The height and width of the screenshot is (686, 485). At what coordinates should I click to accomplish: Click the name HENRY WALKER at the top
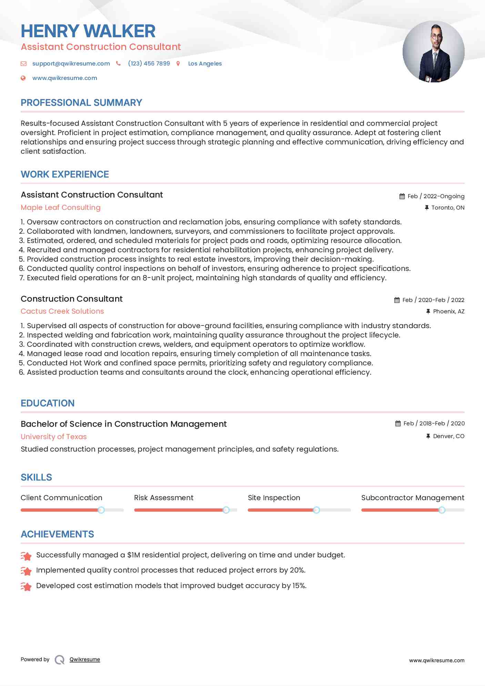point(88,31)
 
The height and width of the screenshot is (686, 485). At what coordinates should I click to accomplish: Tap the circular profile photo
point(433,52)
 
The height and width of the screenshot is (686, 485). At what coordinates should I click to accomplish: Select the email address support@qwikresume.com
point(71,63)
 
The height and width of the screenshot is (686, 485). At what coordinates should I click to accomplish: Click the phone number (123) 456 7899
point(149,63)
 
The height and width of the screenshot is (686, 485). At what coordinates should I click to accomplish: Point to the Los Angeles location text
point(205,63)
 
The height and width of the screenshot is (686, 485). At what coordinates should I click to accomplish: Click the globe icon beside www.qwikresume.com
point(23,78)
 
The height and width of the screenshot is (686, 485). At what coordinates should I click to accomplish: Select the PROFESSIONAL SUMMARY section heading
point(81,103)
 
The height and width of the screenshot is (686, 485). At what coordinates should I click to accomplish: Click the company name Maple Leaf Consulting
point(61,208)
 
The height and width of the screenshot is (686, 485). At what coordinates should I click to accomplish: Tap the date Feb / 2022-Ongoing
point(436,196)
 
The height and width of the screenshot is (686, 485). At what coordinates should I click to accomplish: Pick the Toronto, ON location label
point(448,208)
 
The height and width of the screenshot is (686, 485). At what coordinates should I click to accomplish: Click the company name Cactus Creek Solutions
point(62,311)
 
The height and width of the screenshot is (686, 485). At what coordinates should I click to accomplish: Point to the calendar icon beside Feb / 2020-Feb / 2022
point(397,300)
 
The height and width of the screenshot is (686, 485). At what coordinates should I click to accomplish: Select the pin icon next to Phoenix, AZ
point(428,311)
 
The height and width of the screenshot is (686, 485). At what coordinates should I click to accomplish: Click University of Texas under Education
point(54,437)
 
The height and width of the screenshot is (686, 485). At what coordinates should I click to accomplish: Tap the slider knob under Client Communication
point(101,510)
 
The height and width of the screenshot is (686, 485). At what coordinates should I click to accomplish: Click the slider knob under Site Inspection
point(316,510)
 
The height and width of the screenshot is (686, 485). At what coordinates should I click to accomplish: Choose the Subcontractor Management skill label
point(413,498)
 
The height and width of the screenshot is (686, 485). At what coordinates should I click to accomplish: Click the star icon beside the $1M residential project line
point(26,555)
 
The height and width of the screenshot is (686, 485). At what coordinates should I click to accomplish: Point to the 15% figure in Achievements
point(299,586)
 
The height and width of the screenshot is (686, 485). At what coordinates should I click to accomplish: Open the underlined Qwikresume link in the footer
point(85,659)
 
